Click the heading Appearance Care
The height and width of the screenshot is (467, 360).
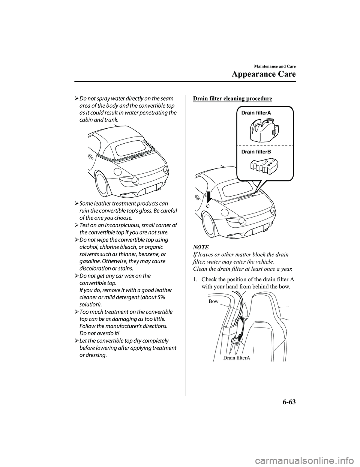264,74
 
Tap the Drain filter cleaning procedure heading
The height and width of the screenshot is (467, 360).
232,99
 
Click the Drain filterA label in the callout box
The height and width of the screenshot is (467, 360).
256,113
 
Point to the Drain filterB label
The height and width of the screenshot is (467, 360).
256,152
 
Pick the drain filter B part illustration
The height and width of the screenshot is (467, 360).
265,166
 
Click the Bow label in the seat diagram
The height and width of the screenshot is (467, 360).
213,301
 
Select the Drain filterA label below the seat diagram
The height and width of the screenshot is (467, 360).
236,358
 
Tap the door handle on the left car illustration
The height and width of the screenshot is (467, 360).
90,157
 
